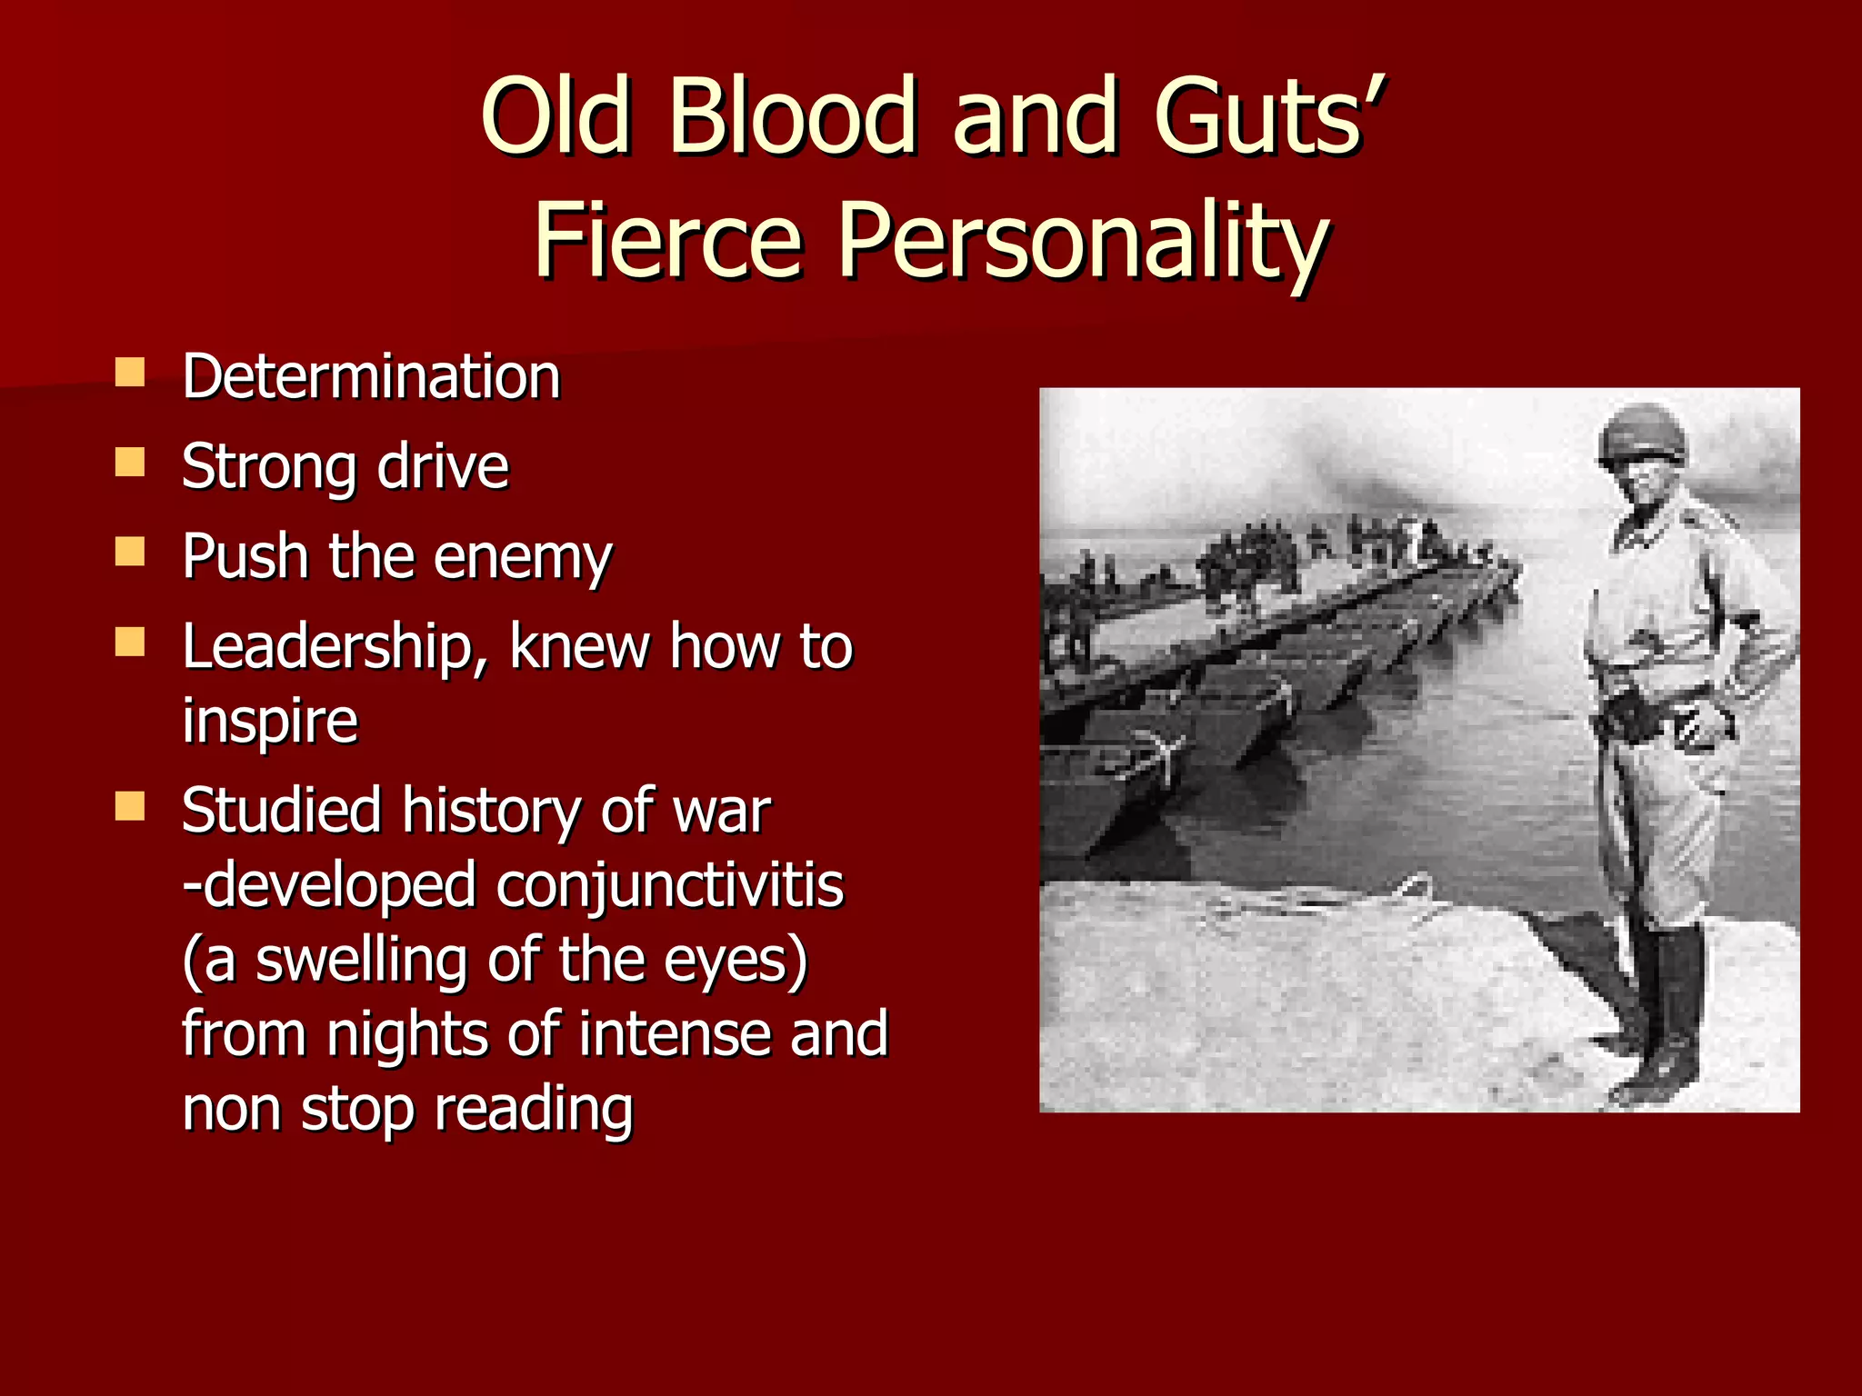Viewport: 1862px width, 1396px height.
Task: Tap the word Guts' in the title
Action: (x=1267, y=116)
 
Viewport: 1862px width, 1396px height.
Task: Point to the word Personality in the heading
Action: (x=1082, y=241)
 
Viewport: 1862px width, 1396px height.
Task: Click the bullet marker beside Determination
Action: (x=130, y=373)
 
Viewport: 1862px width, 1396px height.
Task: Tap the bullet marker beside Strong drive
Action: (x=130, y=463)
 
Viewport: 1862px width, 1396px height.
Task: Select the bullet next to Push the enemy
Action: (x=130, y=552)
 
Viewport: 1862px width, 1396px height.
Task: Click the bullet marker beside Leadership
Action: (x=130, y=642)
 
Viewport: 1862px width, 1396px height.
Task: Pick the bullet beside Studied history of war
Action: (x=130, y=805)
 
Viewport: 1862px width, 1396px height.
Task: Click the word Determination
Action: (x=371, y=376)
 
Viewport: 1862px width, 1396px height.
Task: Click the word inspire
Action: (x=270, y=721)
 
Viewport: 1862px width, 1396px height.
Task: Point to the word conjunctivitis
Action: (x=669, y=885)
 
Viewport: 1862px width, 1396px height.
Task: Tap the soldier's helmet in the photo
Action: (x=1642, y=436)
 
